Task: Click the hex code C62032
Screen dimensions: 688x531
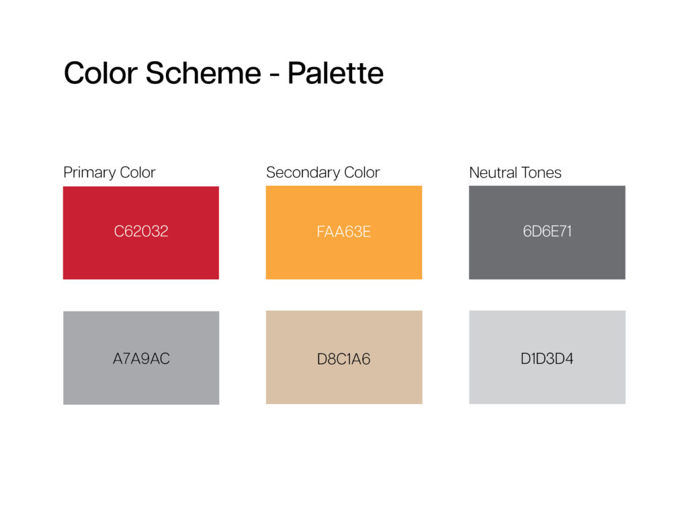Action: [141, 231]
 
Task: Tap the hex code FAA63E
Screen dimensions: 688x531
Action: [344, 232]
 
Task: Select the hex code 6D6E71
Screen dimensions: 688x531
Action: [547, 231]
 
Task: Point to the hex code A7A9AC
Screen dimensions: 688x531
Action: [141, 358]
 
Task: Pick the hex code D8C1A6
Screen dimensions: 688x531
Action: [343, 359]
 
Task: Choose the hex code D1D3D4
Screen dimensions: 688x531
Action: [547, 358]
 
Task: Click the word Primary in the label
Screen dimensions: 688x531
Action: [89, 173]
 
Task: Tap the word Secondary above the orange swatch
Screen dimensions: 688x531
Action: [303, 173]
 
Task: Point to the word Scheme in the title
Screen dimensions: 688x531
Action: [203, 73]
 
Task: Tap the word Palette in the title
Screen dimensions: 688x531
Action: [336, 73]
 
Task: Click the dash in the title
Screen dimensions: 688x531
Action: [274, 75]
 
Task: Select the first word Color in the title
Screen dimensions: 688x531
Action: [101, 73]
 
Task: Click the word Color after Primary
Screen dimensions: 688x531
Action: [138, 173]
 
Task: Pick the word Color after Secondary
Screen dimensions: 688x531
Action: [362, 173]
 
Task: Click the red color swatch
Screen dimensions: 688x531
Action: [141, 233]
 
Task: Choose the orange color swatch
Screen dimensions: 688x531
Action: [344, 232]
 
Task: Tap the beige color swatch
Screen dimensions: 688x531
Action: [344, 357]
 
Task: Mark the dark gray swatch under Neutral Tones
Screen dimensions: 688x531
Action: [547, 232]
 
